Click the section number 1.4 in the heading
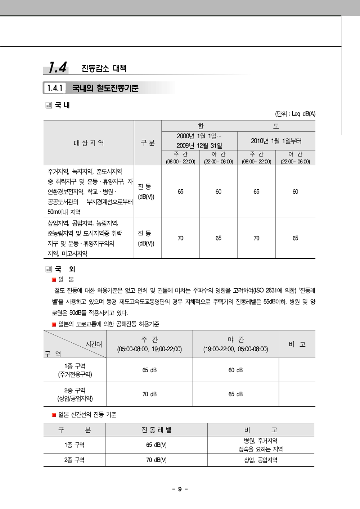click(58, 67)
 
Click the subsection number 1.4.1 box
click(55, 88)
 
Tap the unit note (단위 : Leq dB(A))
click(295, 114)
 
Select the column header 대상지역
click(89, 143)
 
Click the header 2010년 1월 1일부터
click(276, 141)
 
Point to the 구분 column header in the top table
click(148, 143)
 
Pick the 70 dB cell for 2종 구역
click(149, 394)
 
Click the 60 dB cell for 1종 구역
click(235, 370)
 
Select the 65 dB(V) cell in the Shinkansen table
click(156, 445)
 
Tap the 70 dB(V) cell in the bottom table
click(156, 460)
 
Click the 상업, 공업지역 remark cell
click(261, 460)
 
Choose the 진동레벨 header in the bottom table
click(156, 430)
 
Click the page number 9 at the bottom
click(180, 489)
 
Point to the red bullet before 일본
click(54, 280)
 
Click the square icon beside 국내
click(49, 105)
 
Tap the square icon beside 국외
click(49, 269)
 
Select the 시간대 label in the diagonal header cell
click(94, 344)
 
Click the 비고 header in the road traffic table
click(297, 344)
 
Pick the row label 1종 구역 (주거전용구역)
click(75, 370)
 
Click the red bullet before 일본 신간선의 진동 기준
click(54, 415)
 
